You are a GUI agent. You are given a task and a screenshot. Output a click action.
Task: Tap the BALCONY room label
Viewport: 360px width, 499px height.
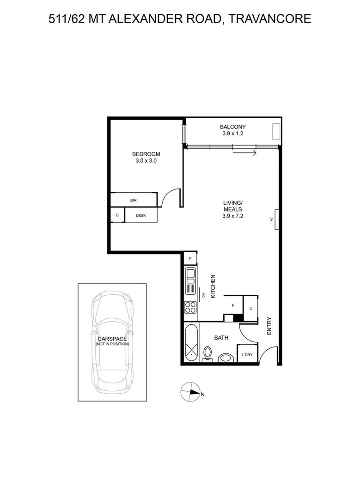pyautogui.click(x=232, y=127)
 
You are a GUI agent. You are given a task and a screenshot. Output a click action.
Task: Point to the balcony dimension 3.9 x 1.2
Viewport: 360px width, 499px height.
pyautogui.click(x=232, y=134)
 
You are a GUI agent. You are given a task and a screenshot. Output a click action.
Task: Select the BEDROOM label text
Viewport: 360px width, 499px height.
pyautogui.click(x=146, y=154)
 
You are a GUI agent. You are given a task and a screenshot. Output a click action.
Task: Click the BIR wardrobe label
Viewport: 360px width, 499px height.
pyautogui.click(x=134, y=200)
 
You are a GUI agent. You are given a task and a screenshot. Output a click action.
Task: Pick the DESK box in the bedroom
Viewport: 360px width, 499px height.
pyautogui.click(x=141, y=215)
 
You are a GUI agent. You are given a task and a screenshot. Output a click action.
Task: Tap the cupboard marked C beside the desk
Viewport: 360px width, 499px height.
pyautogui.click(x=117, y=215)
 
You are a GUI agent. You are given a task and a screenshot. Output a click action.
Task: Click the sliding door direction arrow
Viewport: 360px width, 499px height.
pyautogui.click(x=244, y=153)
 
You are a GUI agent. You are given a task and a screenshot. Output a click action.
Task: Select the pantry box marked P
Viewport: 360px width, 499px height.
pyautogui.click(x=190, y=259)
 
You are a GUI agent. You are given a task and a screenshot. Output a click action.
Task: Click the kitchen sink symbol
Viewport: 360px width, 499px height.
pyautogui.click(x=190, y=280)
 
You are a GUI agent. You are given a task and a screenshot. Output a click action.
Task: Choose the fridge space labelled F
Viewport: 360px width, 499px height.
pyautogui.click(x=233, y=305)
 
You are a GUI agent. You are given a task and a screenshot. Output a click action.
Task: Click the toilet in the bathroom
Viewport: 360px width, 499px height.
pyautogui.click(x=207, y=355)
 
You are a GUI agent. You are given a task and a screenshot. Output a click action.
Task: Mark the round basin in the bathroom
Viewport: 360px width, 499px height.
pyautogui.click(x=226, y=358)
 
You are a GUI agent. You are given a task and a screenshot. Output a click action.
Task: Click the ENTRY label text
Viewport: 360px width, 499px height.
pyautogui.click(x=269, y=325)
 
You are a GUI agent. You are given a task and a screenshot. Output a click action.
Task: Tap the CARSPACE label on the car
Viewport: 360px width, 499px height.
pyautogui.click(x=112, y=339)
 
